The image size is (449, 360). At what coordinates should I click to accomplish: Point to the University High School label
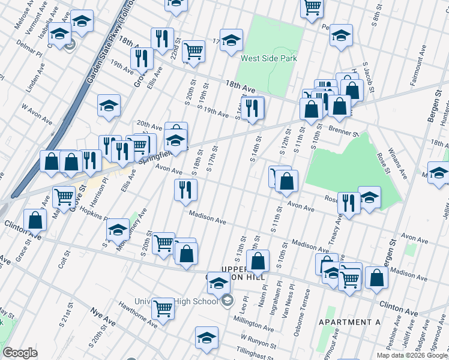[186, 301]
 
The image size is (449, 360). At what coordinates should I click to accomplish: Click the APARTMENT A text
[350, 322]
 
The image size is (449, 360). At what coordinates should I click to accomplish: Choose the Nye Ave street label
[103, 312]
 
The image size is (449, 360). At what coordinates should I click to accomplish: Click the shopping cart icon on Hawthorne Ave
[163, 308]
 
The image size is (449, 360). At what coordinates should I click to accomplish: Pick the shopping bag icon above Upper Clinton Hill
[258, 261]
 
